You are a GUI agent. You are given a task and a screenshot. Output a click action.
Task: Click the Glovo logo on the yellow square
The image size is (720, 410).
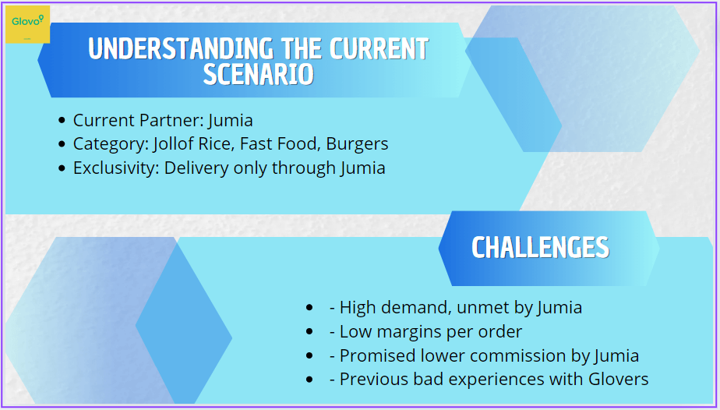27,21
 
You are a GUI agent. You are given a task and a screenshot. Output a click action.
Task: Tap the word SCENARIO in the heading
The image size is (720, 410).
259,74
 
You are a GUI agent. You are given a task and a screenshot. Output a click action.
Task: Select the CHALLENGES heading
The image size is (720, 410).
541,247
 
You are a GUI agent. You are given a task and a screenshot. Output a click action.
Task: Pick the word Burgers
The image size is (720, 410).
357,144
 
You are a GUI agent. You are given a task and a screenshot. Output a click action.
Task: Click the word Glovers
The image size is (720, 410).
619,380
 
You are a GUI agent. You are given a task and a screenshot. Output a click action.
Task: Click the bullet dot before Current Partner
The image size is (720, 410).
62,121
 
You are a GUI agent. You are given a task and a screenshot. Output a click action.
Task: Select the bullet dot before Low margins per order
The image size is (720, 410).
309,331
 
